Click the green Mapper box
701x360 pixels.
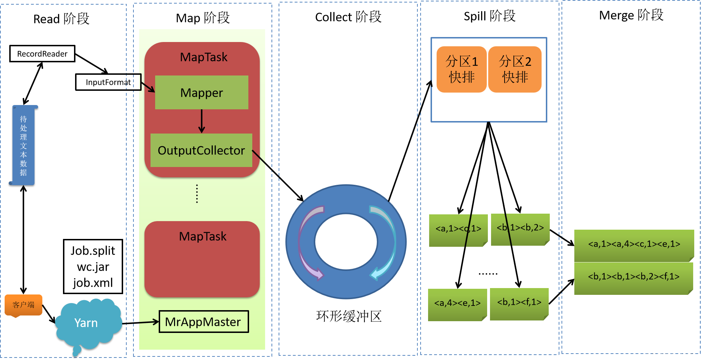[201, 93]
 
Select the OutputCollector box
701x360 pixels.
[201, 150]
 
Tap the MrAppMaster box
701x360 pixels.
[204, 322]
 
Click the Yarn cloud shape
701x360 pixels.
[87, 322]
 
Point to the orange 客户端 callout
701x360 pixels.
[23, 305]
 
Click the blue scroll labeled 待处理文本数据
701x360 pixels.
[23, 145]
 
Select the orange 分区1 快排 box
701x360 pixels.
[461, 69]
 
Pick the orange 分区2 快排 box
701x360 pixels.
[515, 69]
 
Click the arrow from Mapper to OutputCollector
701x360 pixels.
[202, 121]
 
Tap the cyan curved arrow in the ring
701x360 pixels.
[386, 242]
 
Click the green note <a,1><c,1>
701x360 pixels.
[458, 230]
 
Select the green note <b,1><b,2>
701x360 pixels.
[520, 229]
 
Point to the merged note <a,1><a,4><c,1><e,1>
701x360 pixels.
[634, 245]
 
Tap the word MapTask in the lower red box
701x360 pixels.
[202, 236]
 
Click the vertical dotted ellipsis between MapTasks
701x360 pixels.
[197, 194]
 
